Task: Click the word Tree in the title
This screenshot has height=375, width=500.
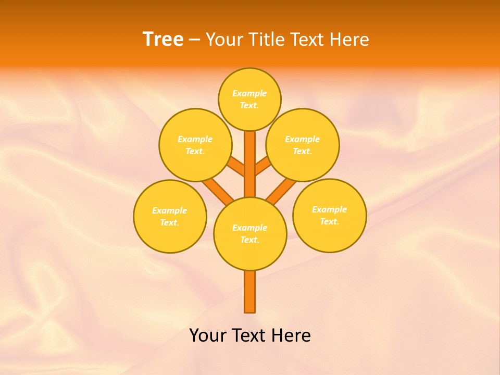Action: (163, 39)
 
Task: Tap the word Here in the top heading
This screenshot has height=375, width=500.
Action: (349, 40)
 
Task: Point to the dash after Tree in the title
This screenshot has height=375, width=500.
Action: (194, 40)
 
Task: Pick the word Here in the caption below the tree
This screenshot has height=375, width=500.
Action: (291, 335)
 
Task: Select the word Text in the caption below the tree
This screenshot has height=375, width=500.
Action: (249, 335)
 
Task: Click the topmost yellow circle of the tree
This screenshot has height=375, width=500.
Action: (249, 99)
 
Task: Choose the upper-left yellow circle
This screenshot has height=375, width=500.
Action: (195, 145)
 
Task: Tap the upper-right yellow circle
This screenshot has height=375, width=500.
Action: (302, 145)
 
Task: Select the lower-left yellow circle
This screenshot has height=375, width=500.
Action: (170, 216)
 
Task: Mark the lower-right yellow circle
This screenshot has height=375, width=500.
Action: (329, 215)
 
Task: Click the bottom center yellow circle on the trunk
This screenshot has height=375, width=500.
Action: (250, 234)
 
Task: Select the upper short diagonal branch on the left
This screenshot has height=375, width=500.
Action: (236, 168)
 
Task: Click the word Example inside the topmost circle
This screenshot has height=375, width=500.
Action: (249, 93)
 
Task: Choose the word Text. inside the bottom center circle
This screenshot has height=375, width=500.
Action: (249, 240)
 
